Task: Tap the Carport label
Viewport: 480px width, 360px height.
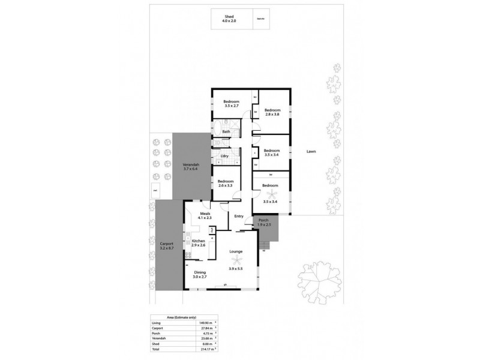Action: [166, 245]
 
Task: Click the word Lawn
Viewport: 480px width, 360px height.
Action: [311, 152]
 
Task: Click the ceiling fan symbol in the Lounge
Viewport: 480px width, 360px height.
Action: [239, 259]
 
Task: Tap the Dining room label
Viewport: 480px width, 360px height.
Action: [200, 274]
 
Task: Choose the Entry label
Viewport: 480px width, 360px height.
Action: [238, 217]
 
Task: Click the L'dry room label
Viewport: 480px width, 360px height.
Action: [226, 157]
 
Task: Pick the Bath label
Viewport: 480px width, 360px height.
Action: [226, 131]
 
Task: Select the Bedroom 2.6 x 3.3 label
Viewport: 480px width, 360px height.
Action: [226, 184]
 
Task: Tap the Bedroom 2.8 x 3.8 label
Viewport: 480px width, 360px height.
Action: [272, 112]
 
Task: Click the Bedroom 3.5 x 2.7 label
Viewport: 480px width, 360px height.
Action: [232, 103]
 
